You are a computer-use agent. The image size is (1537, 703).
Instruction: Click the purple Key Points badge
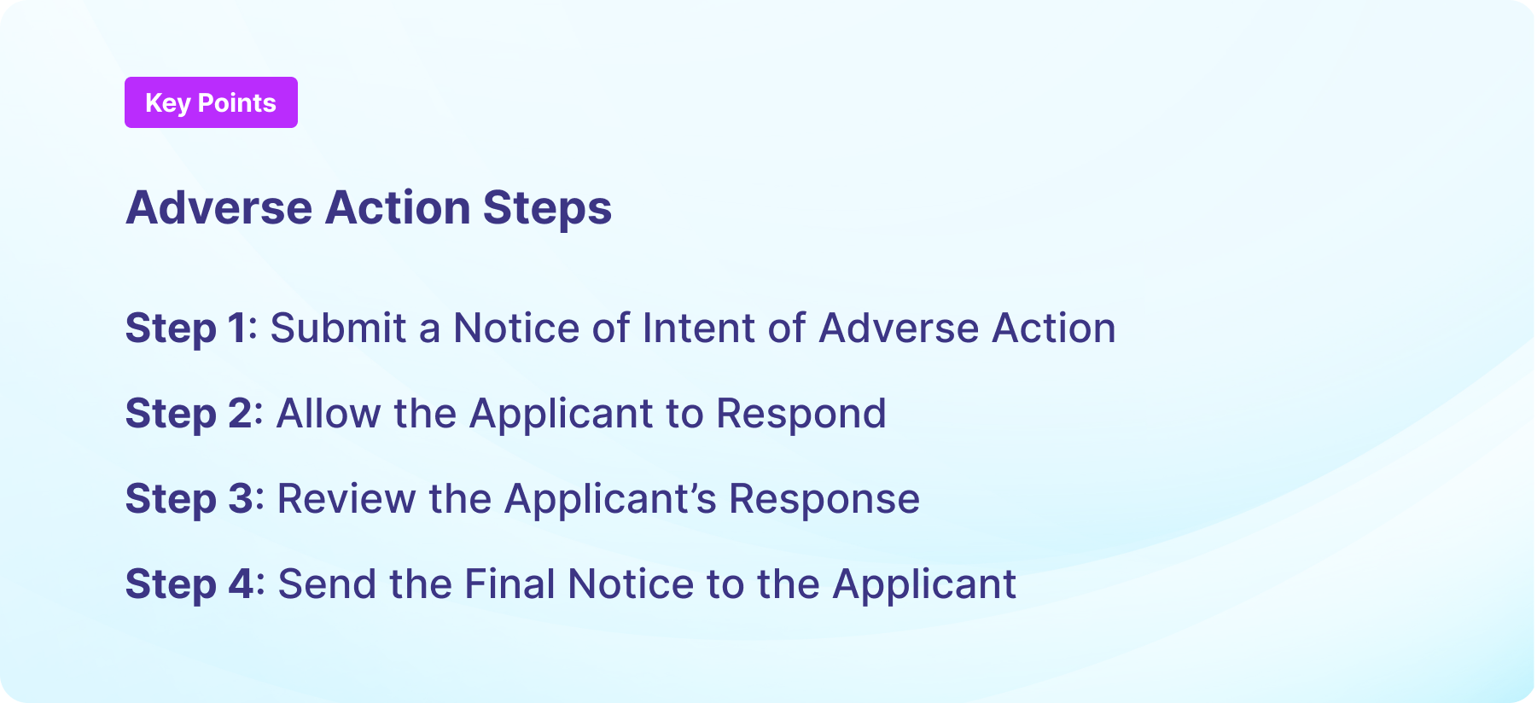coord(211,102)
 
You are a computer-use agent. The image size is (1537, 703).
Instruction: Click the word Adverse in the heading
coord(219,207)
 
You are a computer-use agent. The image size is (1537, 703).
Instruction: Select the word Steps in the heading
coord(547,207)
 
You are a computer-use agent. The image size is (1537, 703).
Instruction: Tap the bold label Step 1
coord(190,328)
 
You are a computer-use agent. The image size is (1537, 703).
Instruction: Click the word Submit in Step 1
coord(338,328)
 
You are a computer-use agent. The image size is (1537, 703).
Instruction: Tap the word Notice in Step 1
coord(515,328)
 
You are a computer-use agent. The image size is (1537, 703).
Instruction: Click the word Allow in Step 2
coord(329,414)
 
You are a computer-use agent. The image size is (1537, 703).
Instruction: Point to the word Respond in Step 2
coord(801,414)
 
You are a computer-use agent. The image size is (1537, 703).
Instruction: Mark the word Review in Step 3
coord(346,499)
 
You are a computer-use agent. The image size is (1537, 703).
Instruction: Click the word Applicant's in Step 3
coord(610,499)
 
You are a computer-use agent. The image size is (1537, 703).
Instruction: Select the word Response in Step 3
coord(824,499)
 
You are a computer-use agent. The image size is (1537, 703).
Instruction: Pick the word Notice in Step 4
coord(631,584)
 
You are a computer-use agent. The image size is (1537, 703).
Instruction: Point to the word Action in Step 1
coord(1053,328)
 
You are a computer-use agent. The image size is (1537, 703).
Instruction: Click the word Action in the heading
coord(398,207)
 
